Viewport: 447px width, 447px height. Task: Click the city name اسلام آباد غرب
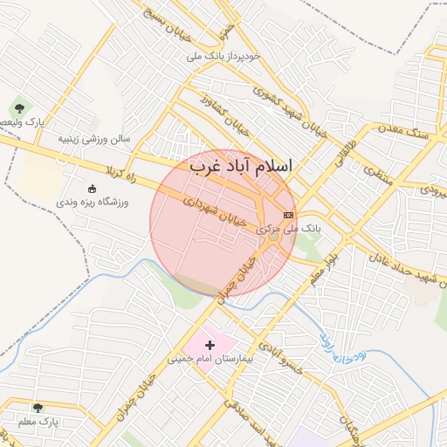pos(242,166)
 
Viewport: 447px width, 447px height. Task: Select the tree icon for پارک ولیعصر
pos(19,108)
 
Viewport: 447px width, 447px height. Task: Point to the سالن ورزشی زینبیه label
pos(93,138)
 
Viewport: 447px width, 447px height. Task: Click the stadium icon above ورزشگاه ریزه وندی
pos(93,189)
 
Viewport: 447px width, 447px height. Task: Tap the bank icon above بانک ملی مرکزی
pos(288,215)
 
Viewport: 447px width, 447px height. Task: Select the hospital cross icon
pos(210,346)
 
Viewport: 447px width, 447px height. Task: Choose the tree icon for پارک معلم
pos(38,408)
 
